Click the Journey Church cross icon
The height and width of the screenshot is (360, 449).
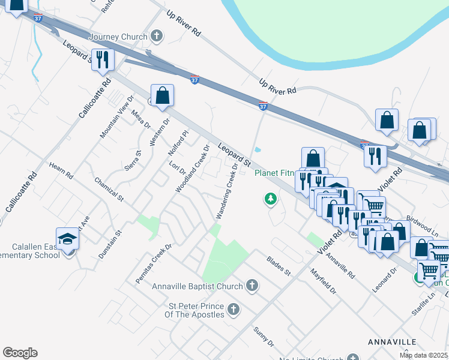point(156,37)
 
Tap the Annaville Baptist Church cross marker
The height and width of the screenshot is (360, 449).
point(252,286)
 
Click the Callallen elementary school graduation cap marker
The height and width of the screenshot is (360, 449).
point(68,239)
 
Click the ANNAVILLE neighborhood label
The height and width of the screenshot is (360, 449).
point(391,341)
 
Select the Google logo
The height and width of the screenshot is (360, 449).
point(20,353)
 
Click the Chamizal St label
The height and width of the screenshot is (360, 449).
point(109,189)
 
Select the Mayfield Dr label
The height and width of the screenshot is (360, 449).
point(324,281)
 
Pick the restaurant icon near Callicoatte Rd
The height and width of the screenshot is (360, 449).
point(103,59)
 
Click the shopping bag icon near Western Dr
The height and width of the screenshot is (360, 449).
point(162,95)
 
